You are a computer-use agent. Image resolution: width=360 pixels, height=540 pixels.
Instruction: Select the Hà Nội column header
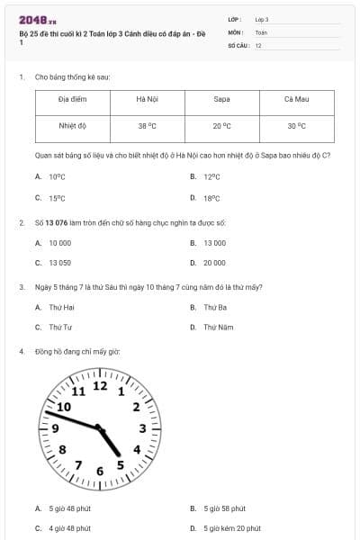pyautogui.click(x=147, y=99)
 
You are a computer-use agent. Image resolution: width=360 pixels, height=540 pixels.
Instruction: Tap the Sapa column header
pyautogui.click(x=221, y=99)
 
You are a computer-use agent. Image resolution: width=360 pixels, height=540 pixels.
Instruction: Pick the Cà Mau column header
pyautogui.click(x=296, y=99)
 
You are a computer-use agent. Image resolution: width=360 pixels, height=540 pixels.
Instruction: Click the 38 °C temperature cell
pyautogui.click(x=147, y=127)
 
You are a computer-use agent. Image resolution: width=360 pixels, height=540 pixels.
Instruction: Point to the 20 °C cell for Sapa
pyautogui.click(x=221, y=127)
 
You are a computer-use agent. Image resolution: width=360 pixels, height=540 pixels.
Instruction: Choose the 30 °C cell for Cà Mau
pyautogui.click(x=296, y=127)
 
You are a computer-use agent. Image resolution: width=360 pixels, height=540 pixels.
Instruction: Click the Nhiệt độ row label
pyautogui.click(x=72, y=127)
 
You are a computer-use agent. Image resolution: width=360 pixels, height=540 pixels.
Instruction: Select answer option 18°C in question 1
pyautogui.click(x=211, y=198)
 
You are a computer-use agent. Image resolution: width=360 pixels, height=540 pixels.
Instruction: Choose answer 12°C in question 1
pyautogui.click(x=211, y=177)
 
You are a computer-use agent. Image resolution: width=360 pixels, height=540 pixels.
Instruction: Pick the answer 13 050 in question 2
pyautogui.click(x=59, y=263)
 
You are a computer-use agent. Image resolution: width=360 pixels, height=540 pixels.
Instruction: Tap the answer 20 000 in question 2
pyautogui.click(x=214, y=263)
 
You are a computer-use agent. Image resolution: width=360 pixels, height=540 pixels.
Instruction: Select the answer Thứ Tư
pyautogui.click(x=60, y=328)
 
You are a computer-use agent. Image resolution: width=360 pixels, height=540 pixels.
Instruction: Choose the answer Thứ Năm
pyautogui.click(x=218, y=328)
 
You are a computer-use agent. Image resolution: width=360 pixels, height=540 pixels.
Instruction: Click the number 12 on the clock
pyautogui.click(x=100, y=386)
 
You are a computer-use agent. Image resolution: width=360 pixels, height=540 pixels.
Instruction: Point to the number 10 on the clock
pyautogui.click(x=64, y=407)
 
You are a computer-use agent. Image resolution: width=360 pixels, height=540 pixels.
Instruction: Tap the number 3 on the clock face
pyautogui.click(x=142, y=427)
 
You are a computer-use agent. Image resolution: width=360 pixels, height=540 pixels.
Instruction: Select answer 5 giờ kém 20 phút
pyautogui.click(x=231, y=528)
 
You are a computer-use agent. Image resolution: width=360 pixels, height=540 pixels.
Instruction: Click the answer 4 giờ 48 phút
pyautogui.click(x=69, y=528)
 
